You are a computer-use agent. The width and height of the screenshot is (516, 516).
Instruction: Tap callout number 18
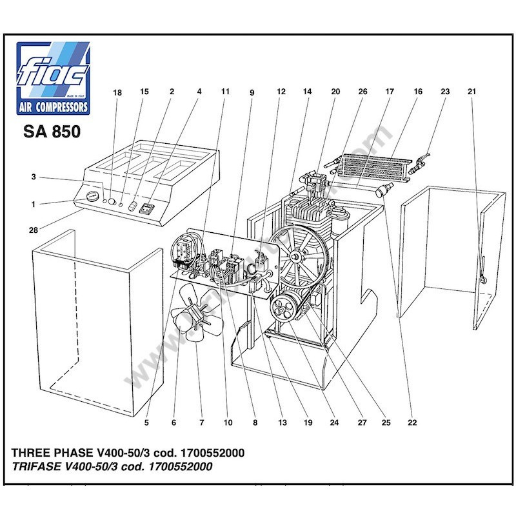click(x=117, y=92)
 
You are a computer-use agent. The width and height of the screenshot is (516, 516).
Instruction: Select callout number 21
click(x=471, y=92)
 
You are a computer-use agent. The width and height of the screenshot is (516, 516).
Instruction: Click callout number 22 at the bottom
click(x=412, y=423)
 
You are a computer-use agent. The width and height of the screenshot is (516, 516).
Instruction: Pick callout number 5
click(x=146, y=423)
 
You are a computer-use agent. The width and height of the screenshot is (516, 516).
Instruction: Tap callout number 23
click(x=445, y=92)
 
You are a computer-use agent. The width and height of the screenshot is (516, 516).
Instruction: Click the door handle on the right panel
click(x=481, y=269)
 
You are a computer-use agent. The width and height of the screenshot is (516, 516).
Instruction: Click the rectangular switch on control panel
click(x=147, y=209)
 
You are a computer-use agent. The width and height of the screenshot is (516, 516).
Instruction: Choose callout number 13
click(x=282, y=423)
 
